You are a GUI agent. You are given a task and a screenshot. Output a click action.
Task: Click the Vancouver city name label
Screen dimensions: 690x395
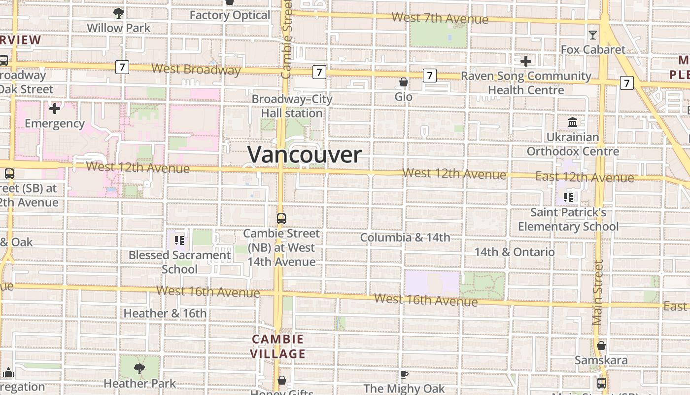(305, 155)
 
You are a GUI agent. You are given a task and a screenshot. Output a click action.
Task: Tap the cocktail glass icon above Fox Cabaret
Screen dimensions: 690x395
(592, 35)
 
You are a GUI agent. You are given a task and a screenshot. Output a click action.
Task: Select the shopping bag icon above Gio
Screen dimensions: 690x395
(403, 82)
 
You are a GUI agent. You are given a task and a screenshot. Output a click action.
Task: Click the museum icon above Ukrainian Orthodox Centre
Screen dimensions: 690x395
(573, 122)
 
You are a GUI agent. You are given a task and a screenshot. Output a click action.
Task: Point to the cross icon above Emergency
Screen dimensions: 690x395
(55, 108)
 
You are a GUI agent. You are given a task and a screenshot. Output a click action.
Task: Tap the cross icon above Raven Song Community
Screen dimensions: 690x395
(526, 61)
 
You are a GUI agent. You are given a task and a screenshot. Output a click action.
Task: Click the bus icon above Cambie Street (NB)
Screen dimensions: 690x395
(281, 218)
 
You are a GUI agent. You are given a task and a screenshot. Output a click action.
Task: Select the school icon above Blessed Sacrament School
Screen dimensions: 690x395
(179, 240)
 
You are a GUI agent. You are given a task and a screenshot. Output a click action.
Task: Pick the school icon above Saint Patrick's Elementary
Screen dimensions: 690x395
(568, 197)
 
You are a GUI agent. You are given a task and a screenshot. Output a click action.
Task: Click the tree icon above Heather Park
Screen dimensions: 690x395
(139, 368)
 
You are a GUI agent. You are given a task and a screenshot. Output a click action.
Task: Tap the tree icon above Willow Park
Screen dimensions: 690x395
(118, 13)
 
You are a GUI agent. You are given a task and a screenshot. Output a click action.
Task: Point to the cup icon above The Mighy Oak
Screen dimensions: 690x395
(404, 374)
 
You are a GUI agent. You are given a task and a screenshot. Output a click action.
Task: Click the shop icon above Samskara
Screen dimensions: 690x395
(601, 346)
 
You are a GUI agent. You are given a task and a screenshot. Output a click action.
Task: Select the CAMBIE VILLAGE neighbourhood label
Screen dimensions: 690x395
(277, 347)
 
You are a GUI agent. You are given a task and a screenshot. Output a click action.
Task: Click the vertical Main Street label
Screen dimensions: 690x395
(598, 293)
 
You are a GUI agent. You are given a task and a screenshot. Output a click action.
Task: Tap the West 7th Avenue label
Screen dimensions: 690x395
(440, 19)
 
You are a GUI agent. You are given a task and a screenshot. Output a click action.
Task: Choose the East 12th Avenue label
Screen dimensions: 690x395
(585, 177)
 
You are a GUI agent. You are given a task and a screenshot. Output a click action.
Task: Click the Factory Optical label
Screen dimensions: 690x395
(230, 15)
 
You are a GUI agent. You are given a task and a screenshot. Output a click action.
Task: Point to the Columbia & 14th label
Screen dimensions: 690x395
(405, 237)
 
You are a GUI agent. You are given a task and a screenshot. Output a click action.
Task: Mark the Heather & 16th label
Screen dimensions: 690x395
(165, 313)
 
